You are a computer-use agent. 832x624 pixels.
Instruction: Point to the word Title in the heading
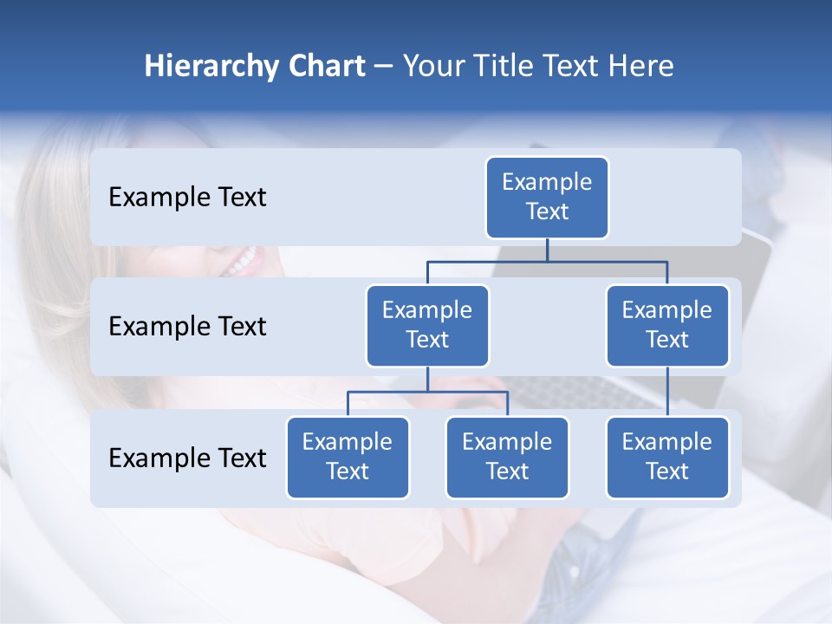tap(507, 66)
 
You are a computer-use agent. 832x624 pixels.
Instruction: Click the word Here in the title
tap(637, 66)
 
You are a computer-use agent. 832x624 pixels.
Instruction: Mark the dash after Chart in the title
tap(384, 68)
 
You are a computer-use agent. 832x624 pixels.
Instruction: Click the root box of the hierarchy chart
tap(547, 197)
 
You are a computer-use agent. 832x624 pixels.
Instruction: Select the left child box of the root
tap(427, 325)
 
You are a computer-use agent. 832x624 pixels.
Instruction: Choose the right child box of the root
tap(667, 325)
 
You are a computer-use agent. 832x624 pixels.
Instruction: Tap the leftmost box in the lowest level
tap(348, 457)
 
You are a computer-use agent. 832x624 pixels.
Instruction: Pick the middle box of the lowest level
tap(507, 457)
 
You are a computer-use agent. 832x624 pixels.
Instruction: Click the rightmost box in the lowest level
tap(667, 457)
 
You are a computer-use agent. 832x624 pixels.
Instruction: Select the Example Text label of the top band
tap(187, 198)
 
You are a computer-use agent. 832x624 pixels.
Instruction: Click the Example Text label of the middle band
tap(187, 327)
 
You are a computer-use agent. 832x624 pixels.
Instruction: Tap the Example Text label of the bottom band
tap(187, 458)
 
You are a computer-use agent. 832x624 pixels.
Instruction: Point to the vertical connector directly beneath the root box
tap(547, 250)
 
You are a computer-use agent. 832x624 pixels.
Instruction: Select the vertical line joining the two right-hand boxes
tap(667, 391)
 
